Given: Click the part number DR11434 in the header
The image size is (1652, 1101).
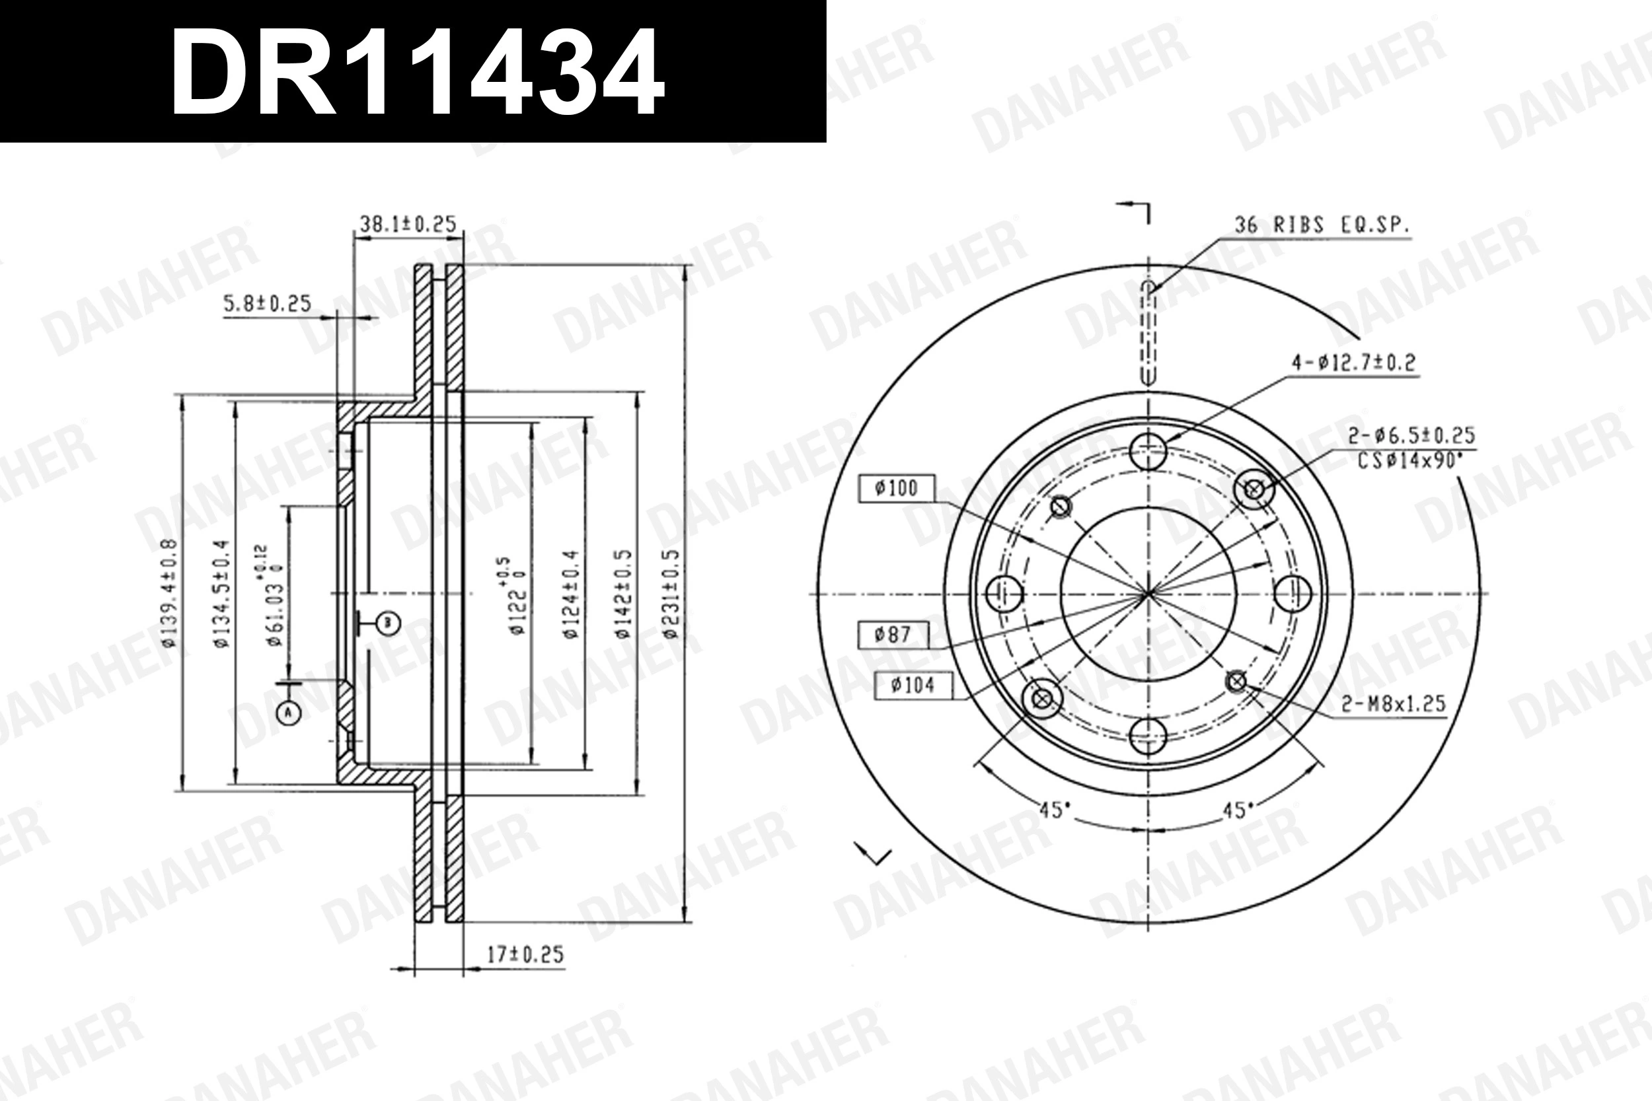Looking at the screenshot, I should [x=417, y=71].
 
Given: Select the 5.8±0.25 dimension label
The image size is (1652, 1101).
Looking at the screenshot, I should [x=267, y=304].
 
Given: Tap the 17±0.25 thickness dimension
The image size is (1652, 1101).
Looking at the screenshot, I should [x=525, y=954].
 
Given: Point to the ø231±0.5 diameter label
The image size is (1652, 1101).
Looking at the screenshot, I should [x=671, y=594].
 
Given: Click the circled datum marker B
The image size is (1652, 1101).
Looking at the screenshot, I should [x=388, y=622].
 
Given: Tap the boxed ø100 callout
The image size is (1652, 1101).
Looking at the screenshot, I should [x=896, y=488].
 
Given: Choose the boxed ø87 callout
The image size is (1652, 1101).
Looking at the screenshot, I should [x=893, y=635].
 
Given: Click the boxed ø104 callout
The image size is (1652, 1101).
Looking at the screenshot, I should [x=913, y=685].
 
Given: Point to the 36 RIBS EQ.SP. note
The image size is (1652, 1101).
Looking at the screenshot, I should [x=1322, y=225].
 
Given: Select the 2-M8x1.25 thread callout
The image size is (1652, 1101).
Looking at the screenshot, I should [x=1394, y=703].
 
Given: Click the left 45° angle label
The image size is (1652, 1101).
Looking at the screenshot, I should [x=1054, y=810].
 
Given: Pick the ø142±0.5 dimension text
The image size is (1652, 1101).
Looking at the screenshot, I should [x=623, y=594].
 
